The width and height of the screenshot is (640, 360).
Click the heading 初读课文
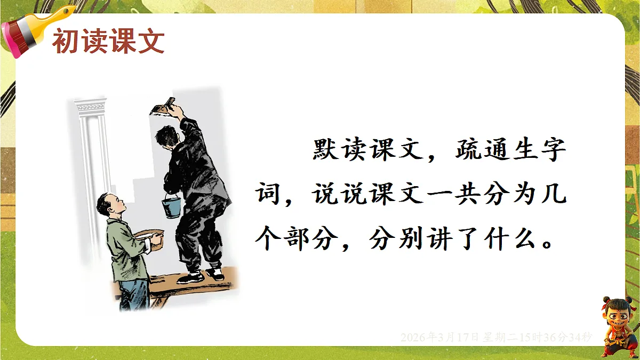(108, 42)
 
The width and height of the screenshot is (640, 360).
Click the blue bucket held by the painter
(171, 206)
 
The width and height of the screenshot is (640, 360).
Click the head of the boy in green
(111, 205)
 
